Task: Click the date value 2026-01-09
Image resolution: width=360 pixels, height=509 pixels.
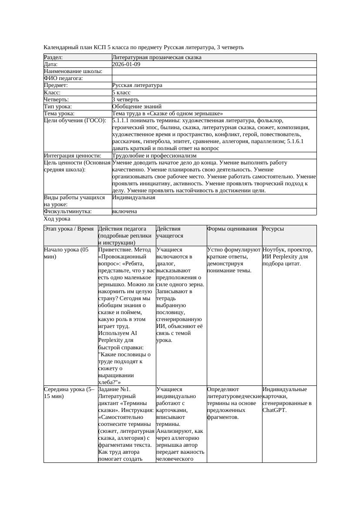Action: [126, 64]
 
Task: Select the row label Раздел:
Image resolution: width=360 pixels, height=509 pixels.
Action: [54, 57]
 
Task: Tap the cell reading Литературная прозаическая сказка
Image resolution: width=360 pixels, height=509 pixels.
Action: [157, 57]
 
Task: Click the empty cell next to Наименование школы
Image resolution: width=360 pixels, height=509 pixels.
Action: [213, 71]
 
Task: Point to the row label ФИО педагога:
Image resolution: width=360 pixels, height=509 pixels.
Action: [64, 78]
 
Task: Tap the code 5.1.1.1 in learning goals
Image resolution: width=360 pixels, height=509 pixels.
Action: [121, 121]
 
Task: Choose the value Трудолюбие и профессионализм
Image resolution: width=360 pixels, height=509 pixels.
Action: [154, 155]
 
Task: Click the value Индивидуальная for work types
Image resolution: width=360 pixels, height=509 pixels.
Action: [133, 198]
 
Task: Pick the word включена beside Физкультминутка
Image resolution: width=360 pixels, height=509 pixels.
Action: [124, 211]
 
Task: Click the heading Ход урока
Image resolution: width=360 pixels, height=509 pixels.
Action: [57, 219]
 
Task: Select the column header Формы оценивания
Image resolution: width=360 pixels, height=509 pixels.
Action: [232, 229]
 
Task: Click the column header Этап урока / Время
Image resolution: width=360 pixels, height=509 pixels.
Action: [69, 229]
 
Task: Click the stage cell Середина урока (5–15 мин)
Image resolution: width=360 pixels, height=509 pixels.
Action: [69, 393]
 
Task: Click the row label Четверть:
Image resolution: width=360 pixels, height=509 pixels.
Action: [56, 100]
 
